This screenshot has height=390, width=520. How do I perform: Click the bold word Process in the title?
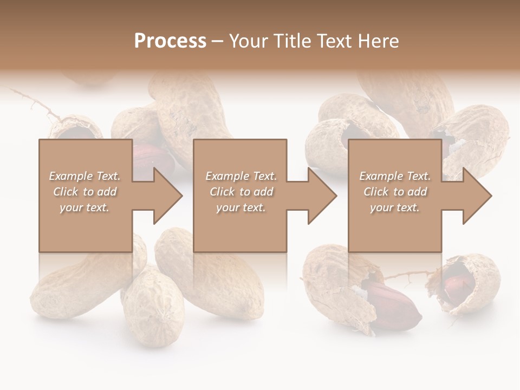170,41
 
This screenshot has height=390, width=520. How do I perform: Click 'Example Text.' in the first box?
84,176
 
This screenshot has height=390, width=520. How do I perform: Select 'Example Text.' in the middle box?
240,176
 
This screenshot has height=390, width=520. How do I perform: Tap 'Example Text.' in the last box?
395,176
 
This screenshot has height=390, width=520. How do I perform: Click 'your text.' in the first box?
84,207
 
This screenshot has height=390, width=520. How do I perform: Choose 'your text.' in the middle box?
240,207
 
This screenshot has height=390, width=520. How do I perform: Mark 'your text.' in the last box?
395,207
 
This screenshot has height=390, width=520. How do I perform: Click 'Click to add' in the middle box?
240,192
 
